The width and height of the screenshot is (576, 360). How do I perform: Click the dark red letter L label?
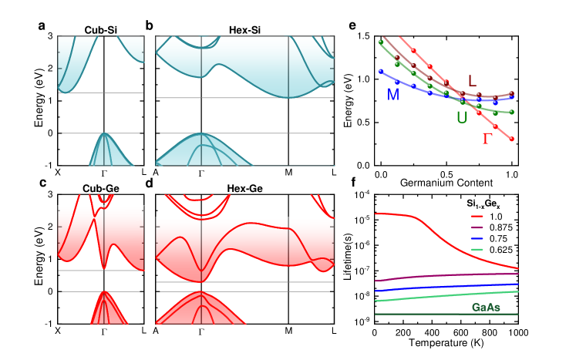click(x=472, y=81)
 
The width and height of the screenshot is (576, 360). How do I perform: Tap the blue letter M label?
click(x=393, y=95)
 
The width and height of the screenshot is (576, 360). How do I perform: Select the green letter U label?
click(x=462, y=118)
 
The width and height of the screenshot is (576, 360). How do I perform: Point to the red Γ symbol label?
click(x=487, y=139)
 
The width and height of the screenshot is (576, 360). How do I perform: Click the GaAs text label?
click(x=486, y=308)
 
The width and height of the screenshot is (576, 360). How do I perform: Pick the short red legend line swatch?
click(x=477, y=217)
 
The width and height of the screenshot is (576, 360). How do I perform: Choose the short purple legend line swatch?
click(x=477, y=227)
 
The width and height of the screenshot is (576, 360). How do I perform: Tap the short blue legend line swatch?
click(x=477, y=239)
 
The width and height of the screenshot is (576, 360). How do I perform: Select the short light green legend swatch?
click(x=477, y=250)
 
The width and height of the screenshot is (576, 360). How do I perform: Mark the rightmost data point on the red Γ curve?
click(x=511, y=139)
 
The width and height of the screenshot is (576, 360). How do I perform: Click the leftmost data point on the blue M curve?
click(x=380, y=71)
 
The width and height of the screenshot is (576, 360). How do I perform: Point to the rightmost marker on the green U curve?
click(x=511, y=112)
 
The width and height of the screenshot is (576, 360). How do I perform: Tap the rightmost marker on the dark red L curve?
click(x=511, y=96)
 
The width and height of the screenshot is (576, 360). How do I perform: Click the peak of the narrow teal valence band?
click(x=104, y=134)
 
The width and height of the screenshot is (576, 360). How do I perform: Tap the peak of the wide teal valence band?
click(x=201, y=134)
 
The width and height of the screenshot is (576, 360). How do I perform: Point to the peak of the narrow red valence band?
click(x=104, y=292)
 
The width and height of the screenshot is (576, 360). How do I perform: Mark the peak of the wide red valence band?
click(x=201, y=292)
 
